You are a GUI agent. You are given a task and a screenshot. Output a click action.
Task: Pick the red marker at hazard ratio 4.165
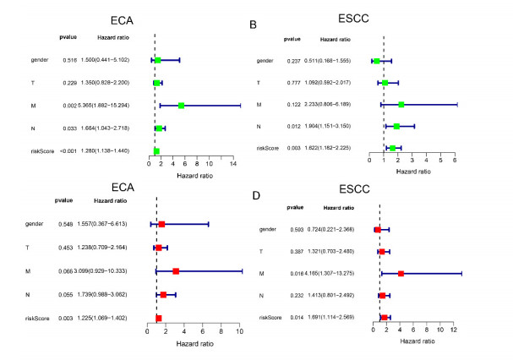click(x=401, y=274)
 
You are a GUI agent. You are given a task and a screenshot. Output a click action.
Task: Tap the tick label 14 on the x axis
click(x=232, y=165)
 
